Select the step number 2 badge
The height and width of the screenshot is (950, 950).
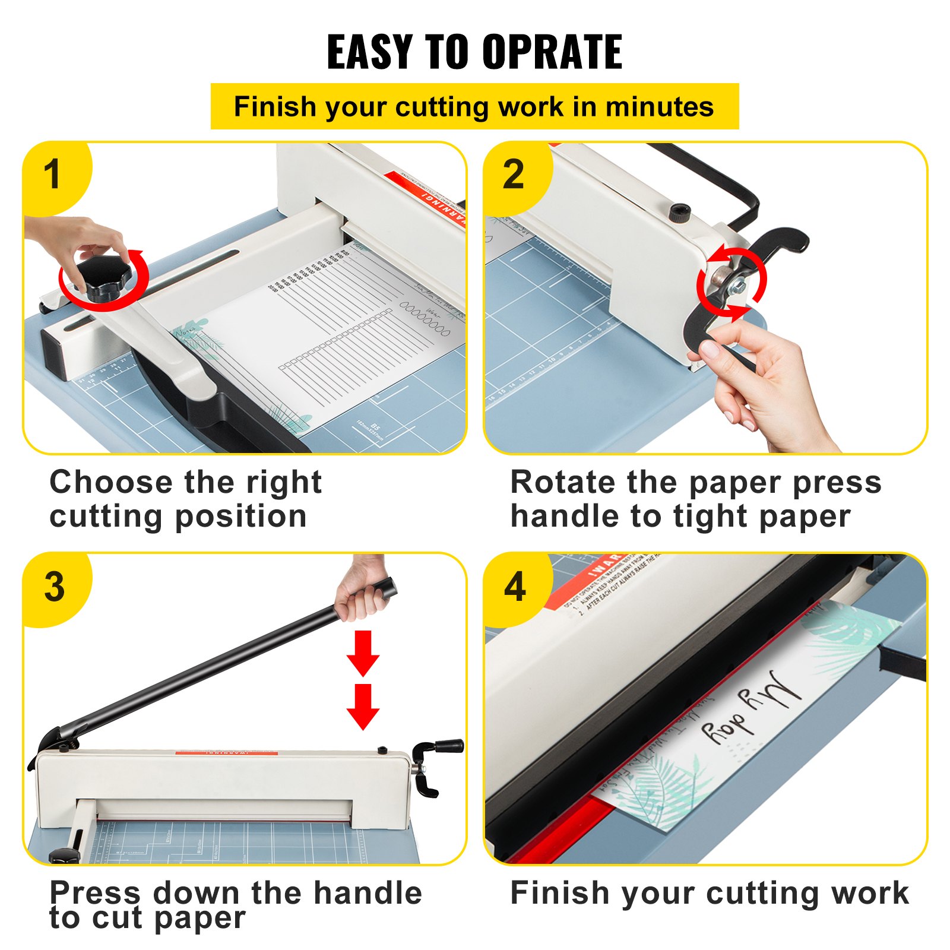(x=514, y=175)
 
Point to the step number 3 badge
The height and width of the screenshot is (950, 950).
(x=54, y=587)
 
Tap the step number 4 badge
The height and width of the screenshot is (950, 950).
(x=515, y=587)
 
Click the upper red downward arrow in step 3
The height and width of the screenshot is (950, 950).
(x=363, y=653)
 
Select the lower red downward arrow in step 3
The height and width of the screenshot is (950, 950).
(x=363, y=706)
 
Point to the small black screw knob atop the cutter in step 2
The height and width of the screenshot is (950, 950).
(x=680, y=213)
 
